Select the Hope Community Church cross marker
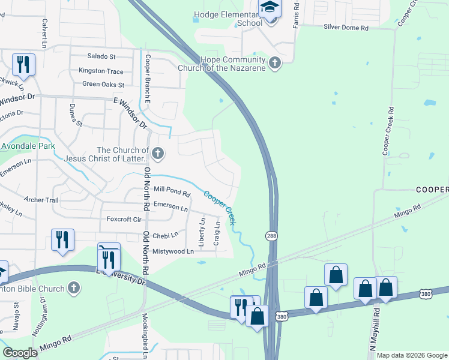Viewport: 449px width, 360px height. pos(275,63)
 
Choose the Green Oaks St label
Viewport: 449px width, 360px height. pos(103,85)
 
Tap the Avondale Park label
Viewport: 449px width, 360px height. pos(28,146)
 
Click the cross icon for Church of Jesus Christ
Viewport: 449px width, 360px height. pos(158,154)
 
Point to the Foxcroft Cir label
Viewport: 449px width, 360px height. pos(123,220)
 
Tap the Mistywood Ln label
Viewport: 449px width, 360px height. pos(173,251)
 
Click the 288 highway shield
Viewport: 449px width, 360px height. pos(272,236)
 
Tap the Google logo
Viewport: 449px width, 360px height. pos(20,353)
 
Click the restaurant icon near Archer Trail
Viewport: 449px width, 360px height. pos(62,239)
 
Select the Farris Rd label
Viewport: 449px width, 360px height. pos(296,11)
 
